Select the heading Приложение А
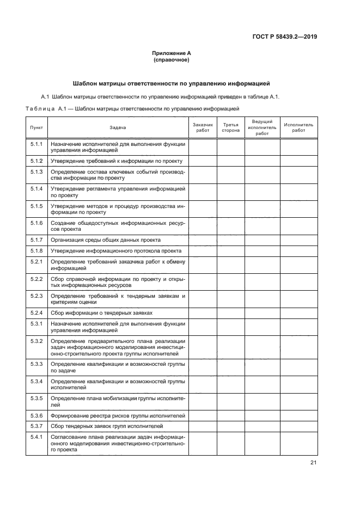click(172, 53)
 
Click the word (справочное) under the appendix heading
click(172, 60)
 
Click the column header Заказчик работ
click(203, 127)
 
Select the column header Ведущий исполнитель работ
click(262, 127)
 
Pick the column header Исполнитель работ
click(298, 127)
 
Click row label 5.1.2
click(36, 161)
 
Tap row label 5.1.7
click(36, 240)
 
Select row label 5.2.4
click(36, 312)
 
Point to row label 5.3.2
click(36, 341)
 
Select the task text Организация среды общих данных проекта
click(105, 240)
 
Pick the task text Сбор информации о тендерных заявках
click(101, 313)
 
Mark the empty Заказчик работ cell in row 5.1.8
click(203, 250)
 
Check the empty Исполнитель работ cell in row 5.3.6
click(298, 415)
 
